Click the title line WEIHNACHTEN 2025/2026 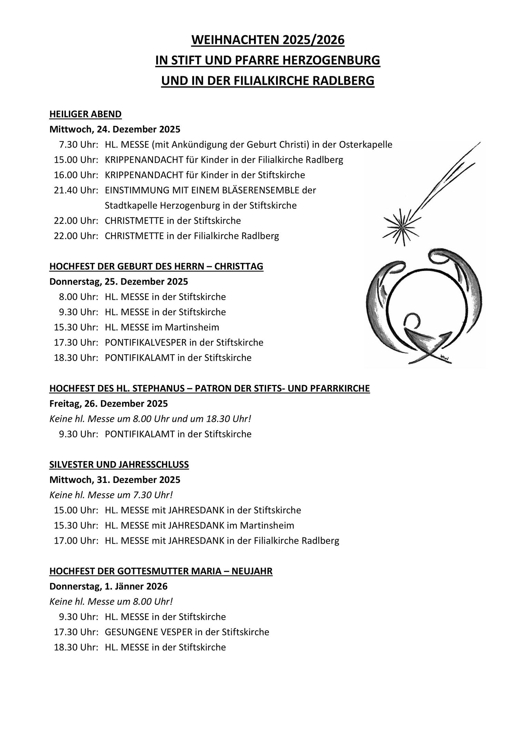click(267, 40)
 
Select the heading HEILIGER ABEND click(85, 114)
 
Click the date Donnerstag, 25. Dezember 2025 click(119, 281)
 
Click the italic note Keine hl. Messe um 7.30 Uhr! click(111, 495)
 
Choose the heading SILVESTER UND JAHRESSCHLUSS click(119, 464)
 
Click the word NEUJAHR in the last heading click(252, 571)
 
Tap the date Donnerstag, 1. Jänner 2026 click(108, 586)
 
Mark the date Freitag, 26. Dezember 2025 click(109, 403)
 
